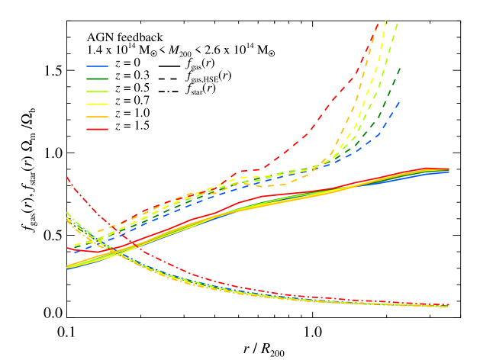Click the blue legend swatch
[97, 66]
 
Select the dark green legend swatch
[97, 79]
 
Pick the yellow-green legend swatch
[97, 92]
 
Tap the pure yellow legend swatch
[97, 104]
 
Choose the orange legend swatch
[97, 117]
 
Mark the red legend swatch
[97, 129]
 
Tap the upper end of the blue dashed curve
[399, 102]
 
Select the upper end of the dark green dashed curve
[400, 67]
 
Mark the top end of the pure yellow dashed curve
[386, 21]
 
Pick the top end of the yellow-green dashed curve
[398, 24]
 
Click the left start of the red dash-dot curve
[67, 177]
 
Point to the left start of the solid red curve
[67, 247]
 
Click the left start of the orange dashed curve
[98, 231]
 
